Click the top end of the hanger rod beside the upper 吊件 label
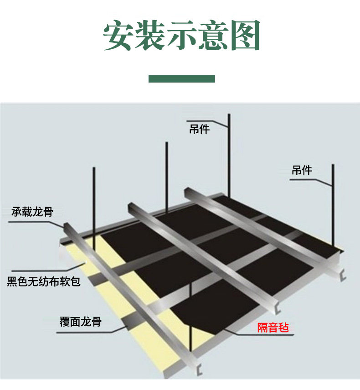[x=229, y=114]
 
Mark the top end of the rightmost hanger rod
[x=333, y=165]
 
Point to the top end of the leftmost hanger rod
[x=94, y=168]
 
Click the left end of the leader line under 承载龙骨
[x=9, y=222]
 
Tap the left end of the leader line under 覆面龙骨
[x=57, y=333]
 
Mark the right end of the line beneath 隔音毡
[x=294, y=335]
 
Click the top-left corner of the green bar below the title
[x=149, y=75]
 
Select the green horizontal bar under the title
[x=182, y=78]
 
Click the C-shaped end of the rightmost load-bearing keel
[x=343, y=275]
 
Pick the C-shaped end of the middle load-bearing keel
[x=278, y=308]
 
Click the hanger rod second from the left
[x=167, y=177]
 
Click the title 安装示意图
[x=182, y=35]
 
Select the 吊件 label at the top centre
[x=199, y=130]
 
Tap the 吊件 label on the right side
[x=302, y=171]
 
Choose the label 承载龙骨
[x=32, y=212]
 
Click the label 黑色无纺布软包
[x=43, y=282]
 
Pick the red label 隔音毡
[x=273, y=328]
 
